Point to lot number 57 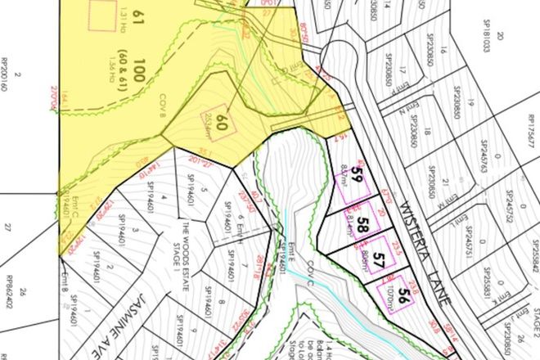(x=378, y=260)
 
